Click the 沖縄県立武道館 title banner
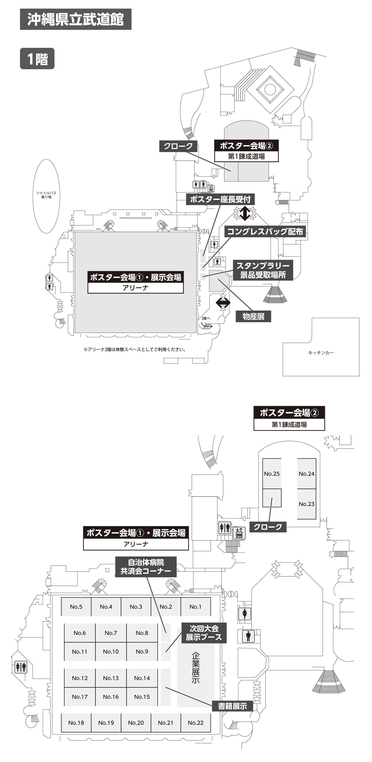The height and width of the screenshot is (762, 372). pos(75,19)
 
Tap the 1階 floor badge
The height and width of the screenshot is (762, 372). pos(37,59)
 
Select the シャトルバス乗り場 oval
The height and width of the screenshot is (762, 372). pos(46,195)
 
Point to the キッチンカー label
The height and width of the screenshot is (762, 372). pos(321,353)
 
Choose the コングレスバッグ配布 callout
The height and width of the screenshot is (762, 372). pos(265,231)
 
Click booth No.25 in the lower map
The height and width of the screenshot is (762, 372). pos(272,474)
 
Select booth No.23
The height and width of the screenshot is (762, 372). pos(306,504)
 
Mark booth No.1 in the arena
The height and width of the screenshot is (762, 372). pos(195,607)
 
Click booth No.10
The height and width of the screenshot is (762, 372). pos(111,651)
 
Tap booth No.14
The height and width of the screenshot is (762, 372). pos(142,678)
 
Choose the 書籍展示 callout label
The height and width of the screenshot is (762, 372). pos(232,706)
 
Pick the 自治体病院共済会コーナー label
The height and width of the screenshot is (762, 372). pos(146,567)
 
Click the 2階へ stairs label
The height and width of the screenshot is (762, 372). pos(206,318)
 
